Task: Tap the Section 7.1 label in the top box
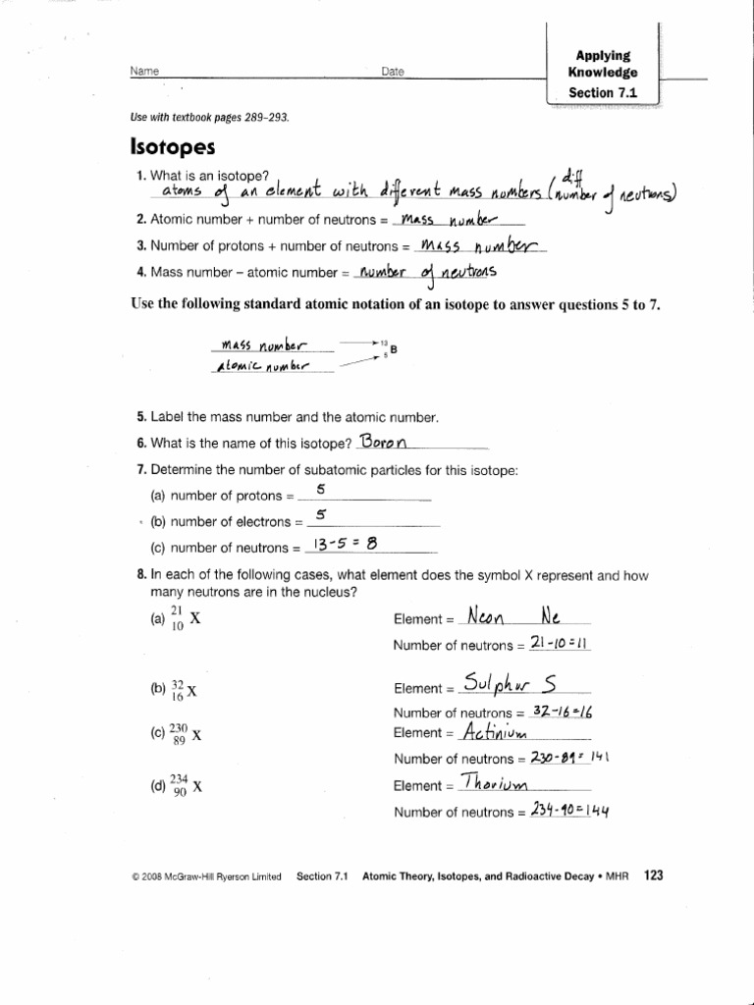pyautogui.click(x=603, y=93)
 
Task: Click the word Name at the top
pyautogui.click(x=143, y=71)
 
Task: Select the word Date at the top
pyautogui.click(x=393, y=72)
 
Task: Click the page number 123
pyautogui.click(x=654, y=875)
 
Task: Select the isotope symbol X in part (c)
pyautogui.click(x=197, y=733)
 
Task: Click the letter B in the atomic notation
pyautogui.click(x=394, y=348)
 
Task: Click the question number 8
pyautogui.click(x=141, y=575)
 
